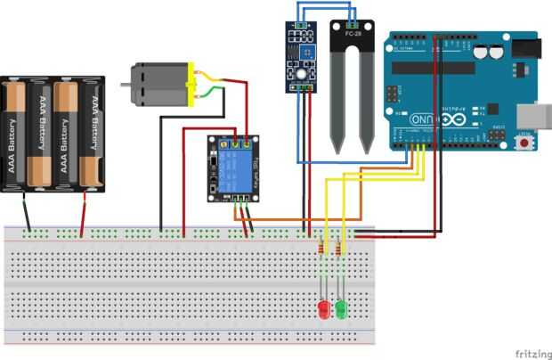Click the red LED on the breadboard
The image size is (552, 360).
click(322, 311)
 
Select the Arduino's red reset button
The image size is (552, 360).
click(526, 143)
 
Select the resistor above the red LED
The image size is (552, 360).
click(321, 250)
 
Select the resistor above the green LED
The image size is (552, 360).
click(341, 250)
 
